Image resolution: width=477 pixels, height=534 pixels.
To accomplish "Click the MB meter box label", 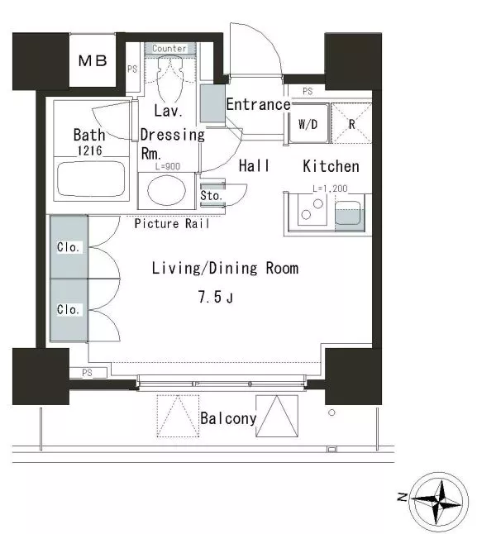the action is coord(93,60).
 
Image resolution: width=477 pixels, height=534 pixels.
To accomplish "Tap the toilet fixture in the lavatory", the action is coord(170,78).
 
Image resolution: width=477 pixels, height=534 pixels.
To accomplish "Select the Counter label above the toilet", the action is coord(169,49).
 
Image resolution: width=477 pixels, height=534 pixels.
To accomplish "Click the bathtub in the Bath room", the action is coord(91,179).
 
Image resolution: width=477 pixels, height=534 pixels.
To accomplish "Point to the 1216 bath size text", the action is coord(90,150).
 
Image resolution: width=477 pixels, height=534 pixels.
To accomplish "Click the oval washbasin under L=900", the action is coord(166,190).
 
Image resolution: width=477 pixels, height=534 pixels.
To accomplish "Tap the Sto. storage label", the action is coord(211,195).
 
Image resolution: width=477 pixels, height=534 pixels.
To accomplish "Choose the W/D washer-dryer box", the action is coord(308,123).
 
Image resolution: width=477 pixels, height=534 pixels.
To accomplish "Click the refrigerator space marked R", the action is coord(351,123).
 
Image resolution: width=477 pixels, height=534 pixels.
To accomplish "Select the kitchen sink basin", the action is coord(348,212).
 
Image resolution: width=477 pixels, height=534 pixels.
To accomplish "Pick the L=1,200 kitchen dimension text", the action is coord(330,188).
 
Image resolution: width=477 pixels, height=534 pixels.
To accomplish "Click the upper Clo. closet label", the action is coord(68,247).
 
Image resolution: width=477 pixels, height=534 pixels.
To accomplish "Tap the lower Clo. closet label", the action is coord(68,309).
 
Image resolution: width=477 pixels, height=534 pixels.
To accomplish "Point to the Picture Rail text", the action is coord(172,223).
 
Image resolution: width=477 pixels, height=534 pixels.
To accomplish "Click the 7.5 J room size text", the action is coord(216,297).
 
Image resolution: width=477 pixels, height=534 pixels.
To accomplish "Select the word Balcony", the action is coord(228,418).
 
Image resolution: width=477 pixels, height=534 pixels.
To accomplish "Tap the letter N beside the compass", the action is coord(403,497).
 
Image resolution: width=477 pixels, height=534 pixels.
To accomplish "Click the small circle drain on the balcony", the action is coord(332,412).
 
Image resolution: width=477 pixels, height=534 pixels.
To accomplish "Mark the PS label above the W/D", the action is coord(308,91).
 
